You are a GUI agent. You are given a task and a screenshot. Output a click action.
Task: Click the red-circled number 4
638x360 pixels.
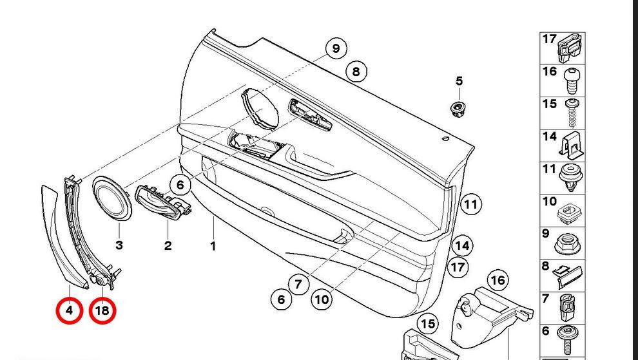[69, 311]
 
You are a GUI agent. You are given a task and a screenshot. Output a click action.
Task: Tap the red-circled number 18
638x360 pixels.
[102, 311]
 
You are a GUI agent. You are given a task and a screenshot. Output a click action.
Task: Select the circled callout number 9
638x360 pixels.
[334, 48]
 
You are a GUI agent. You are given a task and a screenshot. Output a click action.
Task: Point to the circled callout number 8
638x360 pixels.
[356, 71]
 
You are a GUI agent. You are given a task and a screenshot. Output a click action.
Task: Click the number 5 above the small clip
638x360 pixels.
[459, 81]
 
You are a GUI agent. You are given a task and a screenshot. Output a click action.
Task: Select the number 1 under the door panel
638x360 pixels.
[213, 245]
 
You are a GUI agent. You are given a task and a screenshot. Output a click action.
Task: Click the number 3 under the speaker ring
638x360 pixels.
[119, 245]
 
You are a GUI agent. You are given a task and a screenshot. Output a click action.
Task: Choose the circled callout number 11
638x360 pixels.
[471, 205]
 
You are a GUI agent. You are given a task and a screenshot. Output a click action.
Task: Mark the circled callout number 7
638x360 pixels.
[298, 283]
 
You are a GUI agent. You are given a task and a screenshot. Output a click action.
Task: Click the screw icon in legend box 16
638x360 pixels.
[571, 80]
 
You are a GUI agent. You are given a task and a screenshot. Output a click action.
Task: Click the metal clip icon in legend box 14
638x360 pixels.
[572, 145]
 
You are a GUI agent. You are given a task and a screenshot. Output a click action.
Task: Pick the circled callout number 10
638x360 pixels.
[322, 298]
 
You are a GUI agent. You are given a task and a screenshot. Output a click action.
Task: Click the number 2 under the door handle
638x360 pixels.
[168, 245]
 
